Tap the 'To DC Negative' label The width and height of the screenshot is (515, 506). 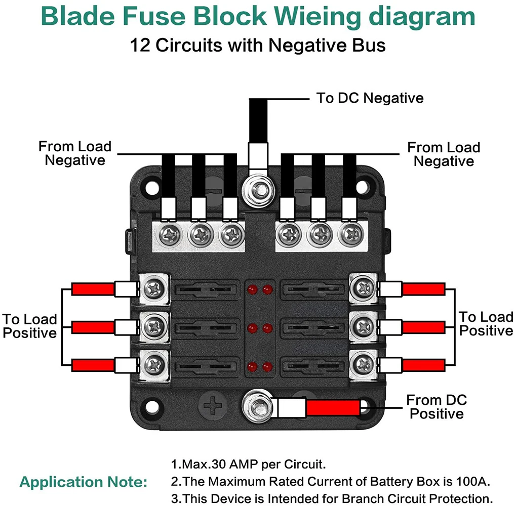370,98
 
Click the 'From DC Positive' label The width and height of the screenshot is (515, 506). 437,407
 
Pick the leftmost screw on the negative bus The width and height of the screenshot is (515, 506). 168,234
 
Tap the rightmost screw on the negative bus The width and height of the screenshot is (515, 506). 350,234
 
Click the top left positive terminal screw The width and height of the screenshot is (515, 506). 154,289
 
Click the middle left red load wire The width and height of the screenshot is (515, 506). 93,327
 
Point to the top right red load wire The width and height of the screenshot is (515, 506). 423,289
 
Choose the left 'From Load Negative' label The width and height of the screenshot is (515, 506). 75,153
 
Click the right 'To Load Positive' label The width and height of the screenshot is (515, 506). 486,324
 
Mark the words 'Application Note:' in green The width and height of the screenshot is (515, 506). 84,482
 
